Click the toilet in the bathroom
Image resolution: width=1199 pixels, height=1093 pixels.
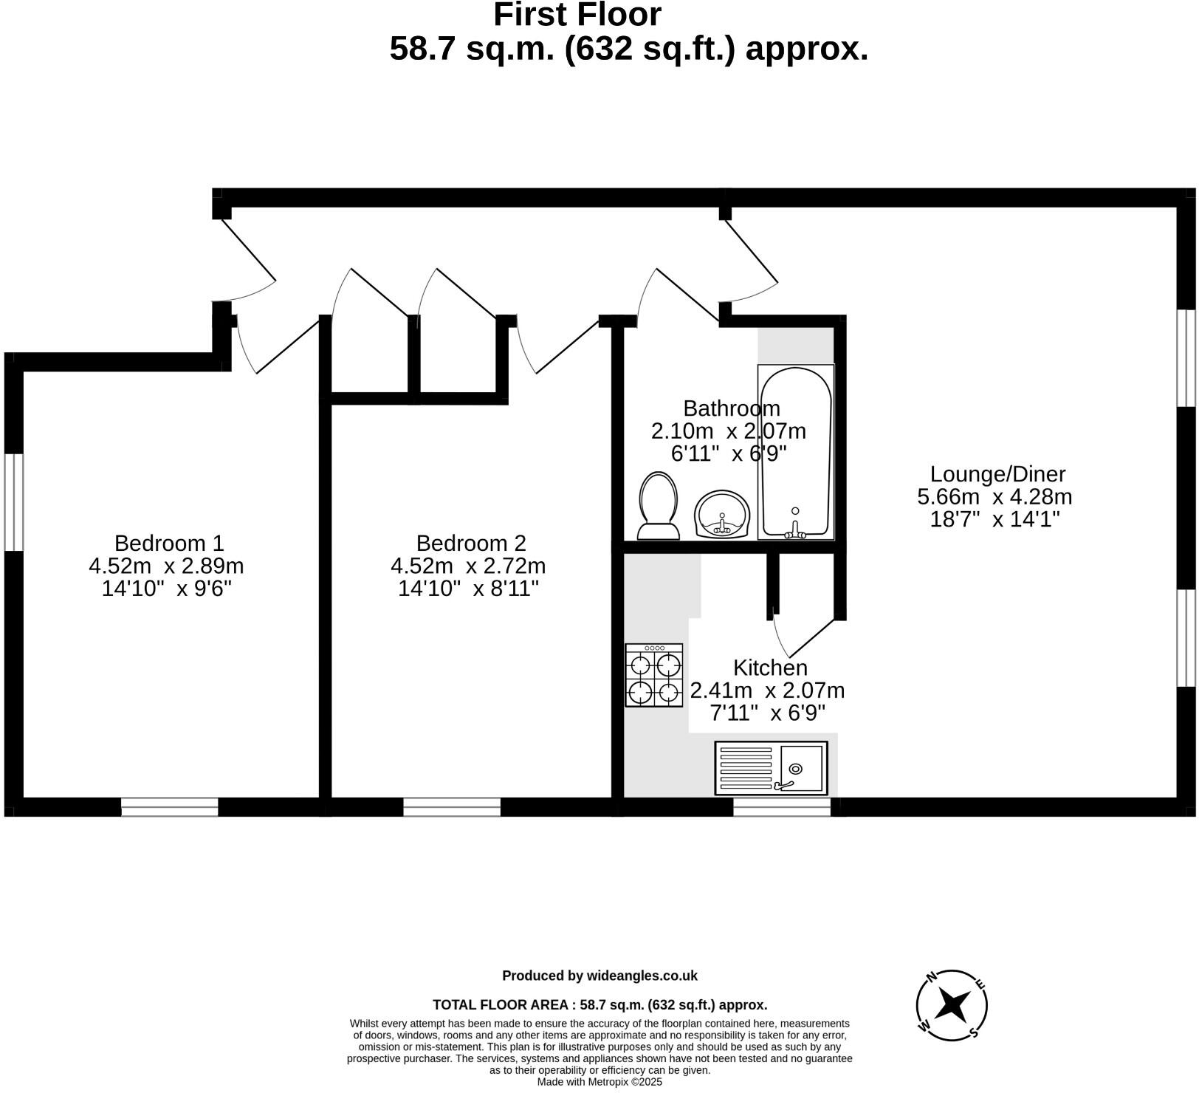point(659,506)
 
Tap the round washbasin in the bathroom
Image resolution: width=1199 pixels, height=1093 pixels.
point(722,515)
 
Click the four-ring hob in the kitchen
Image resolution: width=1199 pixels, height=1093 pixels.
point(654,675)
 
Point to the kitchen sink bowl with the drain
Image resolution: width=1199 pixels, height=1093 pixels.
point(801,769)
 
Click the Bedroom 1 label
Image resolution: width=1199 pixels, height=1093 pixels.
point(169,544)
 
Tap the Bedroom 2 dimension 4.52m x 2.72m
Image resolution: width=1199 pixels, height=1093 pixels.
point(468,566)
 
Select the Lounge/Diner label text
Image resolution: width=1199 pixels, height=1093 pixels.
point(997,474)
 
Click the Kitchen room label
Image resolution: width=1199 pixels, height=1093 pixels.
point(770,668)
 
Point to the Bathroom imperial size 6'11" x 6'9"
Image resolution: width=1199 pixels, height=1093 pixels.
point(729,453)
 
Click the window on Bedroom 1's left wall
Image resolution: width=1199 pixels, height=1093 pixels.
point(14,502)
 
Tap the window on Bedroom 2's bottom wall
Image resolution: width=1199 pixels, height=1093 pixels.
point(452,806)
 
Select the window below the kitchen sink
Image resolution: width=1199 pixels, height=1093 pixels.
point(782,806)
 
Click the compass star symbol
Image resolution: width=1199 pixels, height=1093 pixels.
point(952,1005)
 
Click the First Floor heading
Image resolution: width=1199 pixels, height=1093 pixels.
point(577,15)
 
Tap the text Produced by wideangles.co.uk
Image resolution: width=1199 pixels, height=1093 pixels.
point(599,976)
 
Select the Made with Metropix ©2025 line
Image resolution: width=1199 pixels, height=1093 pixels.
point(599,1082)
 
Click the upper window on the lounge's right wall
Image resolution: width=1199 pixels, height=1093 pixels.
point(1186,358)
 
